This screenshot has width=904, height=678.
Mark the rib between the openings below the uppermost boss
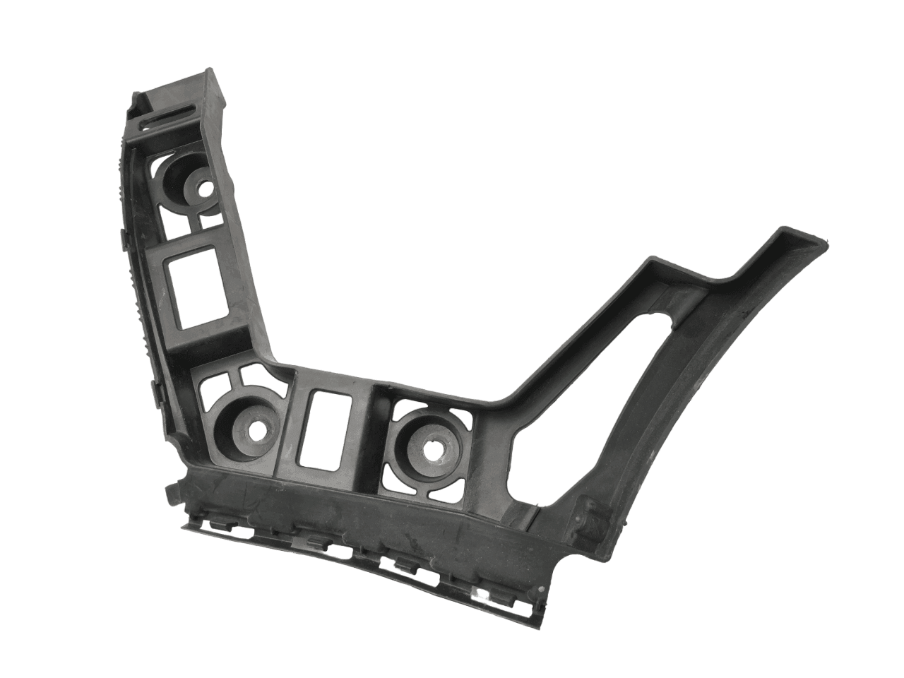point(192,220)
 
